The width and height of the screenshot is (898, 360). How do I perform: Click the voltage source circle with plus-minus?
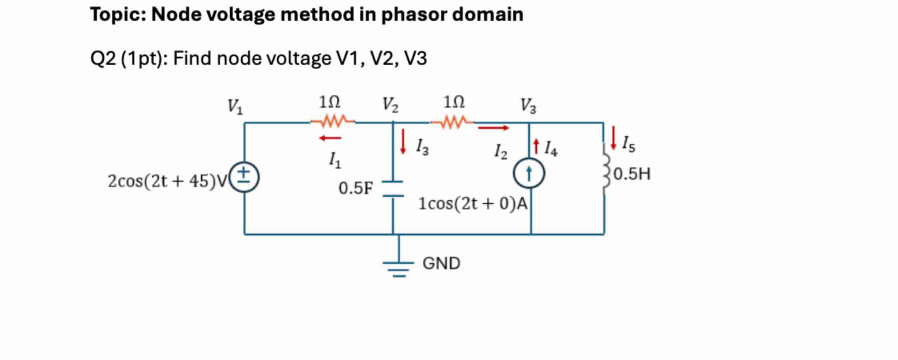click(244, 177)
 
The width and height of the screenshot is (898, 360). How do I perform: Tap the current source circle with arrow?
click(529, 173)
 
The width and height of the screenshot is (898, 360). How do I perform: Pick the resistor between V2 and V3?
click(453, 122)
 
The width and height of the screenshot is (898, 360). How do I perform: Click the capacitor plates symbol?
click(393, 189)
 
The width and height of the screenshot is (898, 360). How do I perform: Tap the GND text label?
click(441, 263)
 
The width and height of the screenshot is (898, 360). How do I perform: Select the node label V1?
click(235, 107)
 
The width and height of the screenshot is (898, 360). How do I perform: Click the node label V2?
click(390, 105)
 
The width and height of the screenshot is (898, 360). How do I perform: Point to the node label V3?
click(528, 106)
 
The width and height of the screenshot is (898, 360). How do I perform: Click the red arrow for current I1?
click(330, 138)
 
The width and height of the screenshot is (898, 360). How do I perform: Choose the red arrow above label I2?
click(493, 128)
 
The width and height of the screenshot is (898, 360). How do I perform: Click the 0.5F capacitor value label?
click(355, 188)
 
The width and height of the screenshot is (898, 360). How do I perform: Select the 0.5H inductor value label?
click(631, 174)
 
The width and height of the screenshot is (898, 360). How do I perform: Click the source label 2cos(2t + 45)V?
click(167, 181)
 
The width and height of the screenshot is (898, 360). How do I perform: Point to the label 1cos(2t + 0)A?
click(473, 204)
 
